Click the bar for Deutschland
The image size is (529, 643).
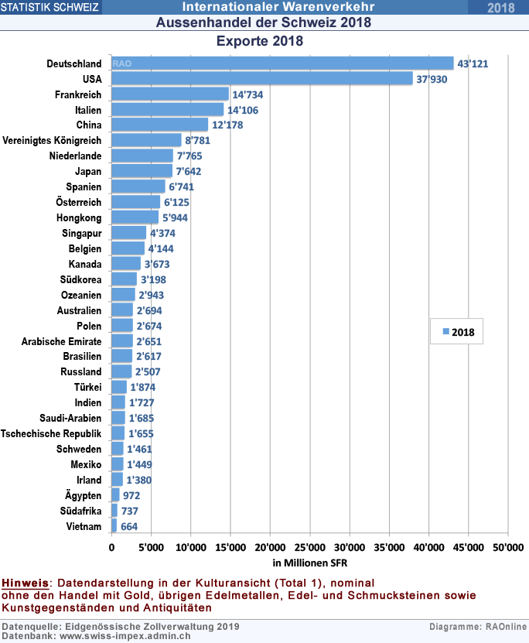click(282, 63)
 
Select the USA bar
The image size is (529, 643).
click(262, 79)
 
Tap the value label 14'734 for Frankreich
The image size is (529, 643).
click(251, 94)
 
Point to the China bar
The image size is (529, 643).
click(160, 125)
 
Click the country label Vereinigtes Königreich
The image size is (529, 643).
click(52, 140)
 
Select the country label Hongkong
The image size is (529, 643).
click(79, 217)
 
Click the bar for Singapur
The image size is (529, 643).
click(129, 233)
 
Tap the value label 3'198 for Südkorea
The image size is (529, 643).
click(152, 279)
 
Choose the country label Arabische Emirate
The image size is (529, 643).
click(62, 341)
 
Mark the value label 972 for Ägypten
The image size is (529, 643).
click(132, 495)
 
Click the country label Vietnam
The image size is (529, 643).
click(84, 526)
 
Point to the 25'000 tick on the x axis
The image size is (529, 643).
click(309, 548)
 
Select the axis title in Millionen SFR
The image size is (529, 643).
click(309, 562)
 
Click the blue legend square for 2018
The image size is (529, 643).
click(446, 331)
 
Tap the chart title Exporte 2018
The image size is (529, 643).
click(259, 40)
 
